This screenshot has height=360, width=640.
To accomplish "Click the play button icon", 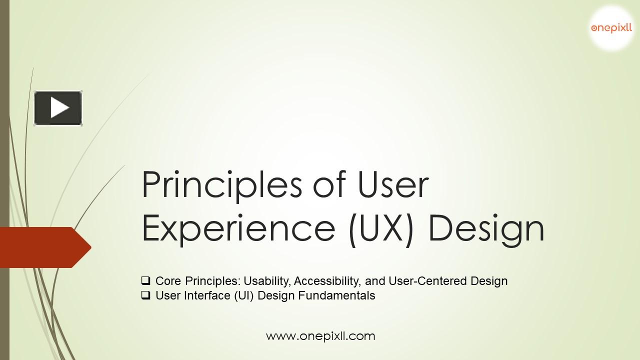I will click(58, 107).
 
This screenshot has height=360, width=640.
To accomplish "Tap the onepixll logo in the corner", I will click(611, 28).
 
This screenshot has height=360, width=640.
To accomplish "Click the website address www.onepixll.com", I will click(320, 336).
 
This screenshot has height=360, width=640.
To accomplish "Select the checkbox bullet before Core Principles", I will click(146, 281).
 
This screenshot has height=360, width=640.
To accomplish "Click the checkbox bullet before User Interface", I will click(146, 295).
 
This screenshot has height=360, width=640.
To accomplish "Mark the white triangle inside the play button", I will click(59, 107).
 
